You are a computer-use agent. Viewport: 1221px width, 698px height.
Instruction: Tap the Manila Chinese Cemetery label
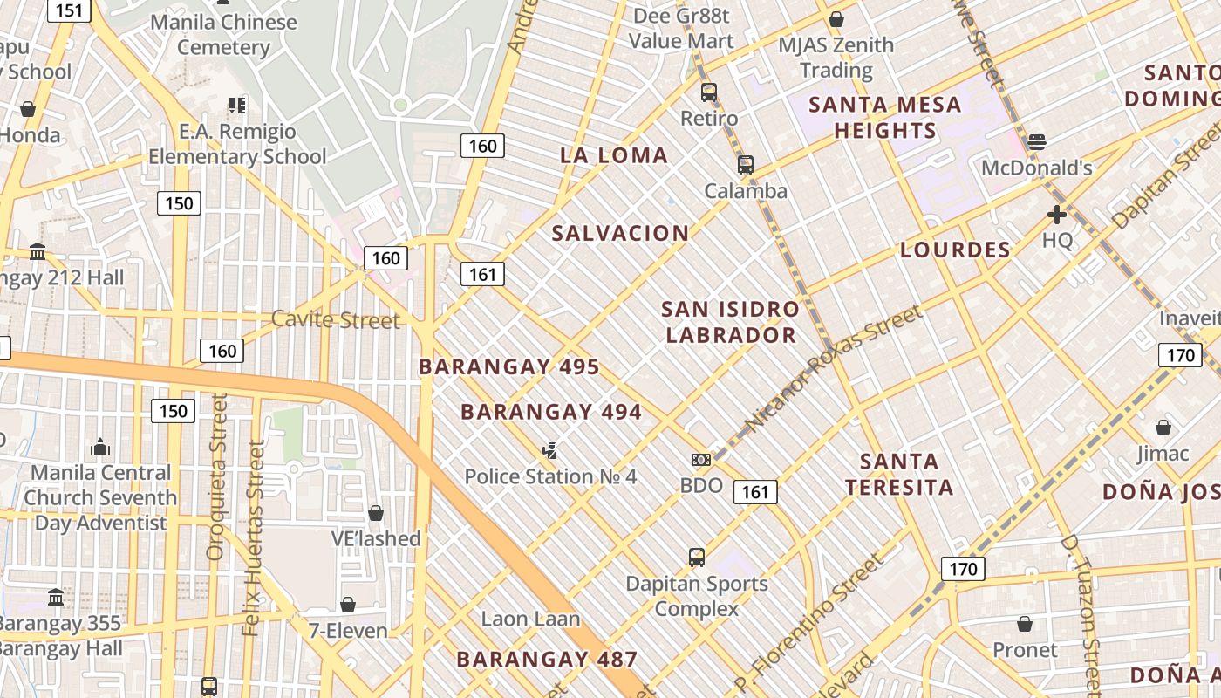223,34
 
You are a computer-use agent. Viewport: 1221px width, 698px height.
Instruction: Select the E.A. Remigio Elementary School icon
237,106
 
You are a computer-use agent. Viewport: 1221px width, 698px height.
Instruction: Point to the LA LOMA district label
614,156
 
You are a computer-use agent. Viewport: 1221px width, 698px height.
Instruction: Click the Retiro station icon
709,92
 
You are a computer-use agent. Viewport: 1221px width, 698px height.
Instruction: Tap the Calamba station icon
746,165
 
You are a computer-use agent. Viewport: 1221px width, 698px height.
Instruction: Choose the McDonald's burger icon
1037,141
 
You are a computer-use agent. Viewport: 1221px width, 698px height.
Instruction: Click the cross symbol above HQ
1057,215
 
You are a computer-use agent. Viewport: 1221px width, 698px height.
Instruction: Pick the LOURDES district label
955,250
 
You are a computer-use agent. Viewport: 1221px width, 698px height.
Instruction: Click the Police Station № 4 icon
549,451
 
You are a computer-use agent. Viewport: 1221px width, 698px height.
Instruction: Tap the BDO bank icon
701,460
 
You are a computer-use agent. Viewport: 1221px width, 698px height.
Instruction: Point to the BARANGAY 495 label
509,366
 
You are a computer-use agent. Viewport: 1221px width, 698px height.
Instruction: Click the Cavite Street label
336,320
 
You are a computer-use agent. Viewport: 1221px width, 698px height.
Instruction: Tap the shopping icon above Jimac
1163,428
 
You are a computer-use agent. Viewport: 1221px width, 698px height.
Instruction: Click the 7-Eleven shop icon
348,605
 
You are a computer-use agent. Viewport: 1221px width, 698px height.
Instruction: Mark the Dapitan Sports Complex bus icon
696,557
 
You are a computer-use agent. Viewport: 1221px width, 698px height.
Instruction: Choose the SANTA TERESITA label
899,474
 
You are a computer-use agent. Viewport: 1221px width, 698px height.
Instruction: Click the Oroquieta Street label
216,476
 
